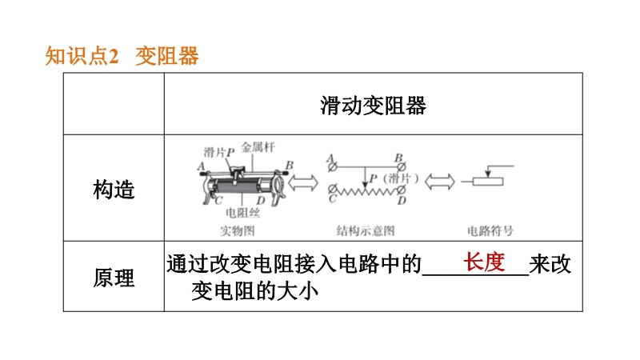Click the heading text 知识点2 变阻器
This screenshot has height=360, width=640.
tap(122, 57)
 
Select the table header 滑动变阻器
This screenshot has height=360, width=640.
tap(373, 106)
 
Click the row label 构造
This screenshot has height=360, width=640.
tap(114, 190)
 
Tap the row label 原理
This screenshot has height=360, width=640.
tap(114, 278)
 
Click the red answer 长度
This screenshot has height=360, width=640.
tap(485, 262)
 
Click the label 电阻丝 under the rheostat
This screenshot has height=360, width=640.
tap(241, 213)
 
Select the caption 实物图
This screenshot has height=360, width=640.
tap(238, 231)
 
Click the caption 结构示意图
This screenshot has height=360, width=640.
tap(366, 231)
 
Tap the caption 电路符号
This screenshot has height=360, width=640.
tap(490, 231)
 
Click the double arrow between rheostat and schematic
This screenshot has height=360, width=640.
tap(304, 182)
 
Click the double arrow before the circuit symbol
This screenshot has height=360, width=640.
tap(438, 182)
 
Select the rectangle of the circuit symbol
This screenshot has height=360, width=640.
tap(487, 182)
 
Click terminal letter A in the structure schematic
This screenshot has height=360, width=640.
tap(329, 158)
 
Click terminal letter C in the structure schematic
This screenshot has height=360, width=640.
tap(330, 201)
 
